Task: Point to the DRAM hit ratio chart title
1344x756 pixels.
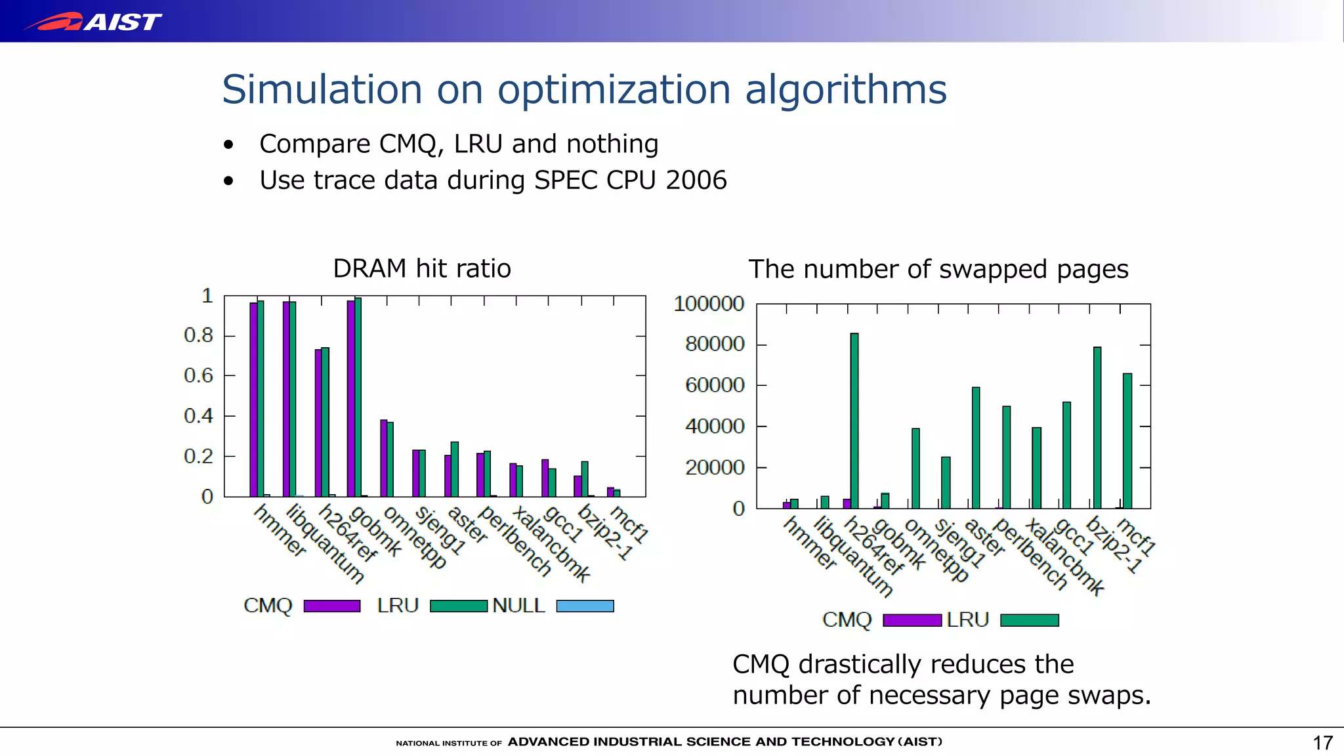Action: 421,268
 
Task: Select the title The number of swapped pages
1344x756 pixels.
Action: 938,269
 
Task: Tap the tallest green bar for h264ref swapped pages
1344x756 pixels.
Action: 854,420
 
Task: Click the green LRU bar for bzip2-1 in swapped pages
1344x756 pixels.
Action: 1097,427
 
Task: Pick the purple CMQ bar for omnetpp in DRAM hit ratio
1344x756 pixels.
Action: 383,458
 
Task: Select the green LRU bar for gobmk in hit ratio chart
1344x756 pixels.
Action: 358,397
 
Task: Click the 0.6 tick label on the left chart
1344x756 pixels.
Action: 198,375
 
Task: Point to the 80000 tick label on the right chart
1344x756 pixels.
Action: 714,344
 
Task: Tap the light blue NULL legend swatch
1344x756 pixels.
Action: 585,606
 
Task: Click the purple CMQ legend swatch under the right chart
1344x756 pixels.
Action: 912,620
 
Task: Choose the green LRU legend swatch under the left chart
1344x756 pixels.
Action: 458,606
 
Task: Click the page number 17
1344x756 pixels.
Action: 1322,742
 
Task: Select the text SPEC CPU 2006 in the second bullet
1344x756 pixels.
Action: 630,180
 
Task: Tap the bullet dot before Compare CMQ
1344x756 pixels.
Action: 228,144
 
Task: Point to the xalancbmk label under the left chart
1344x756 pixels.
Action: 550,544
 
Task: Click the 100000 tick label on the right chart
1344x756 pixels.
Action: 709,303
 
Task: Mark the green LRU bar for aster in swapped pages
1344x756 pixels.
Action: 976,448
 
